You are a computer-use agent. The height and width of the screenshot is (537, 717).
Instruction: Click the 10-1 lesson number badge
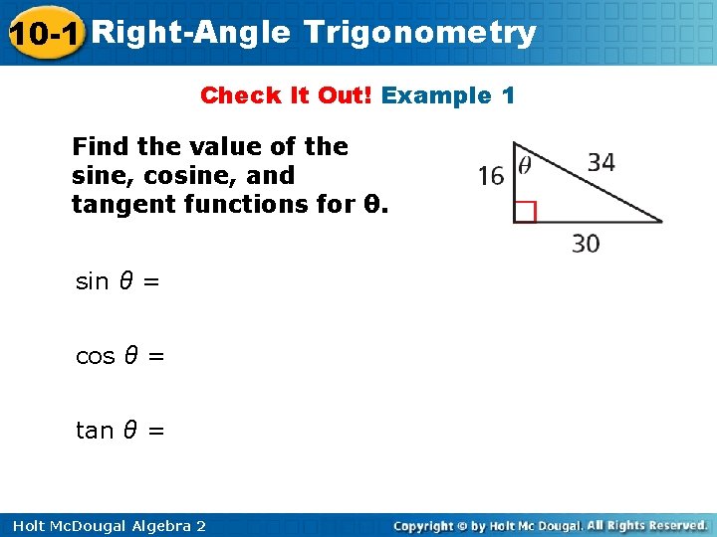click(44, 33)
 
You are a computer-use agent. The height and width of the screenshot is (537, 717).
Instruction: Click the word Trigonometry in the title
click(420, 33)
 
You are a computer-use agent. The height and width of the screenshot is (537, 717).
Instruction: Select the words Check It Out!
click(286, 95)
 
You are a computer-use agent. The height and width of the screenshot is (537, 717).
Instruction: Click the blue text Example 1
click(448, 95)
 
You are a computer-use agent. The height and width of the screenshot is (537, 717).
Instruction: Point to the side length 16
click(491, 176)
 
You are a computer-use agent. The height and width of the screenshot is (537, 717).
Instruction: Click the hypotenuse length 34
click(600, 162)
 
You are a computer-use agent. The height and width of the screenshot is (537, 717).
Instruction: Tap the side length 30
click(586, 243)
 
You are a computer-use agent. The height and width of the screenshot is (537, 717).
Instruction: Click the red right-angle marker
click(525, 211)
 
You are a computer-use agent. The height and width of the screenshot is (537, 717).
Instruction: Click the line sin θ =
click(118, 281)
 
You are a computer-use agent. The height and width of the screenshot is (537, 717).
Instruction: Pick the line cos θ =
click(120, 356)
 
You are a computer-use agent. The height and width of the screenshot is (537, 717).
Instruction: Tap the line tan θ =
click(120, 431)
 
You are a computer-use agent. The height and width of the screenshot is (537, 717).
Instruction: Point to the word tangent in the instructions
click(114, 205)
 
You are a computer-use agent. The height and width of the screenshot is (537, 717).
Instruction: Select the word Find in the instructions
click(101, 147)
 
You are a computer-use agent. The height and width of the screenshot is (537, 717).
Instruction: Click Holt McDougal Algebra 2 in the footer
click(105, 525)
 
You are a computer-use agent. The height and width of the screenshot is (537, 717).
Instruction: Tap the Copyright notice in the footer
click(551, 525)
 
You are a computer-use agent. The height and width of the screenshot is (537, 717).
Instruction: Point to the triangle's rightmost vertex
click(662, 222)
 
